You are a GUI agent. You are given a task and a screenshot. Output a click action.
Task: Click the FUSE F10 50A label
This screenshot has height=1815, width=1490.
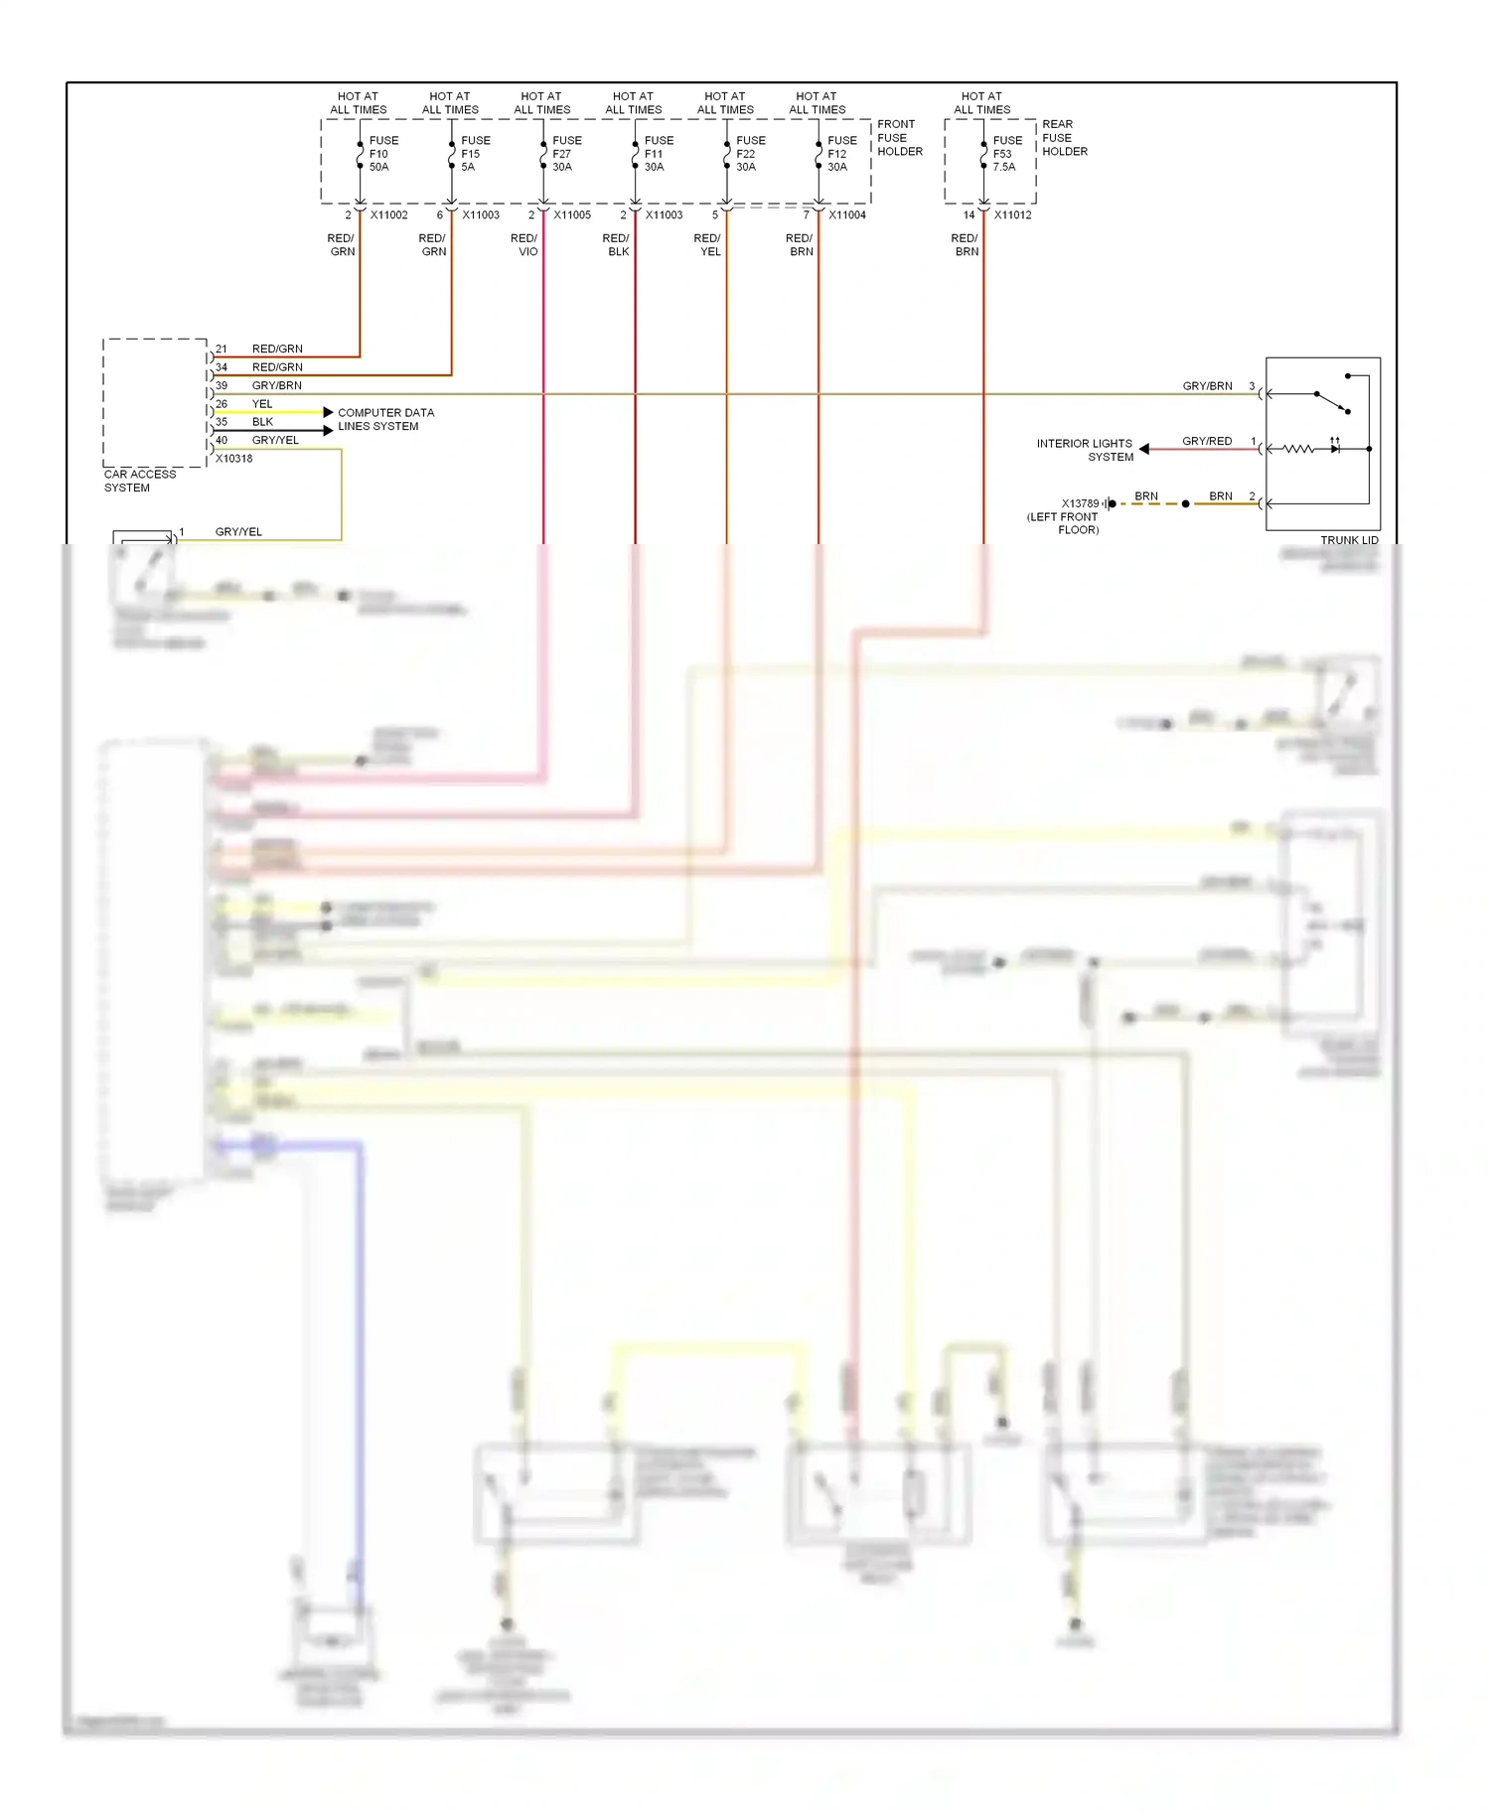point(383,154)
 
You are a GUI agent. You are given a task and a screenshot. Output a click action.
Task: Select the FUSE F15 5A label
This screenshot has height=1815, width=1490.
point(475,154)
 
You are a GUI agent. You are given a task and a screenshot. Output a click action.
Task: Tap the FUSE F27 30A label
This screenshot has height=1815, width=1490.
point(566,154)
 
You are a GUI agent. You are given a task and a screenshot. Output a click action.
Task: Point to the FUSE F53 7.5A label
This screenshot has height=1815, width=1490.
point(1006,154)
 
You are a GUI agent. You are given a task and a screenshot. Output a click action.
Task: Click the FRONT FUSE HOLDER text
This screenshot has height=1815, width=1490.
point(899,138)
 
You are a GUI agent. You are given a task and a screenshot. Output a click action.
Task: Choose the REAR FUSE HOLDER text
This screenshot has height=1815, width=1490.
point(1064,138)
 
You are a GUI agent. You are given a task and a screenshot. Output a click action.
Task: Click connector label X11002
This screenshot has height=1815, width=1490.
point(388,215)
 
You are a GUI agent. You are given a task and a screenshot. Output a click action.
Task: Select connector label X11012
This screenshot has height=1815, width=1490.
point(1012,215)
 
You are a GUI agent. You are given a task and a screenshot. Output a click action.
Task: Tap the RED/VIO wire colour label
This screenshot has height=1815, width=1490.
point(524,245)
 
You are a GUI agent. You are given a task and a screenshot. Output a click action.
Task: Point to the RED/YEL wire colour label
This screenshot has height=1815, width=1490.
point(707,245)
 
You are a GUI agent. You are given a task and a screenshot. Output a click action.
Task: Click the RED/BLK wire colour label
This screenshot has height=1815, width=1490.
point(616,245)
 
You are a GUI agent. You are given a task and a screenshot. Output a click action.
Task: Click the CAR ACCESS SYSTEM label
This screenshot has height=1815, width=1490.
point(139,481)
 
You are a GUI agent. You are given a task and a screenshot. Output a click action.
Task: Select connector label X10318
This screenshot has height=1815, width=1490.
point(233,459)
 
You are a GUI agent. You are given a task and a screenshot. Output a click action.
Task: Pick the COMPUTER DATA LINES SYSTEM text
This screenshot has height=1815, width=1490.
point(385,419)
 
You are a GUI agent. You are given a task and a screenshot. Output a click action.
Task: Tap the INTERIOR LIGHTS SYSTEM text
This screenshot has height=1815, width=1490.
point(1085,450)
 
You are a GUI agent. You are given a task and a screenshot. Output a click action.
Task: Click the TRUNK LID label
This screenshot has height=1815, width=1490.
point(1349,540)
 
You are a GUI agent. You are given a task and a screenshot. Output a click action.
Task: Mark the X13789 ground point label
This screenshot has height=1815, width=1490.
point(1080,503)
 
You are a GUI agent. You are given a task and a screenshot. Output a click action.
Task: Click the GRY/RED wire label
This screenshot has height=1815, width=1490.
point(1206,441)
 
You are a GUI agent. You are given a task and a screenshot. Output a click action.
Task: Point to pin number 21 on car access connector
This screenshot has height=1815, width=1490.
point(222,349)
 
